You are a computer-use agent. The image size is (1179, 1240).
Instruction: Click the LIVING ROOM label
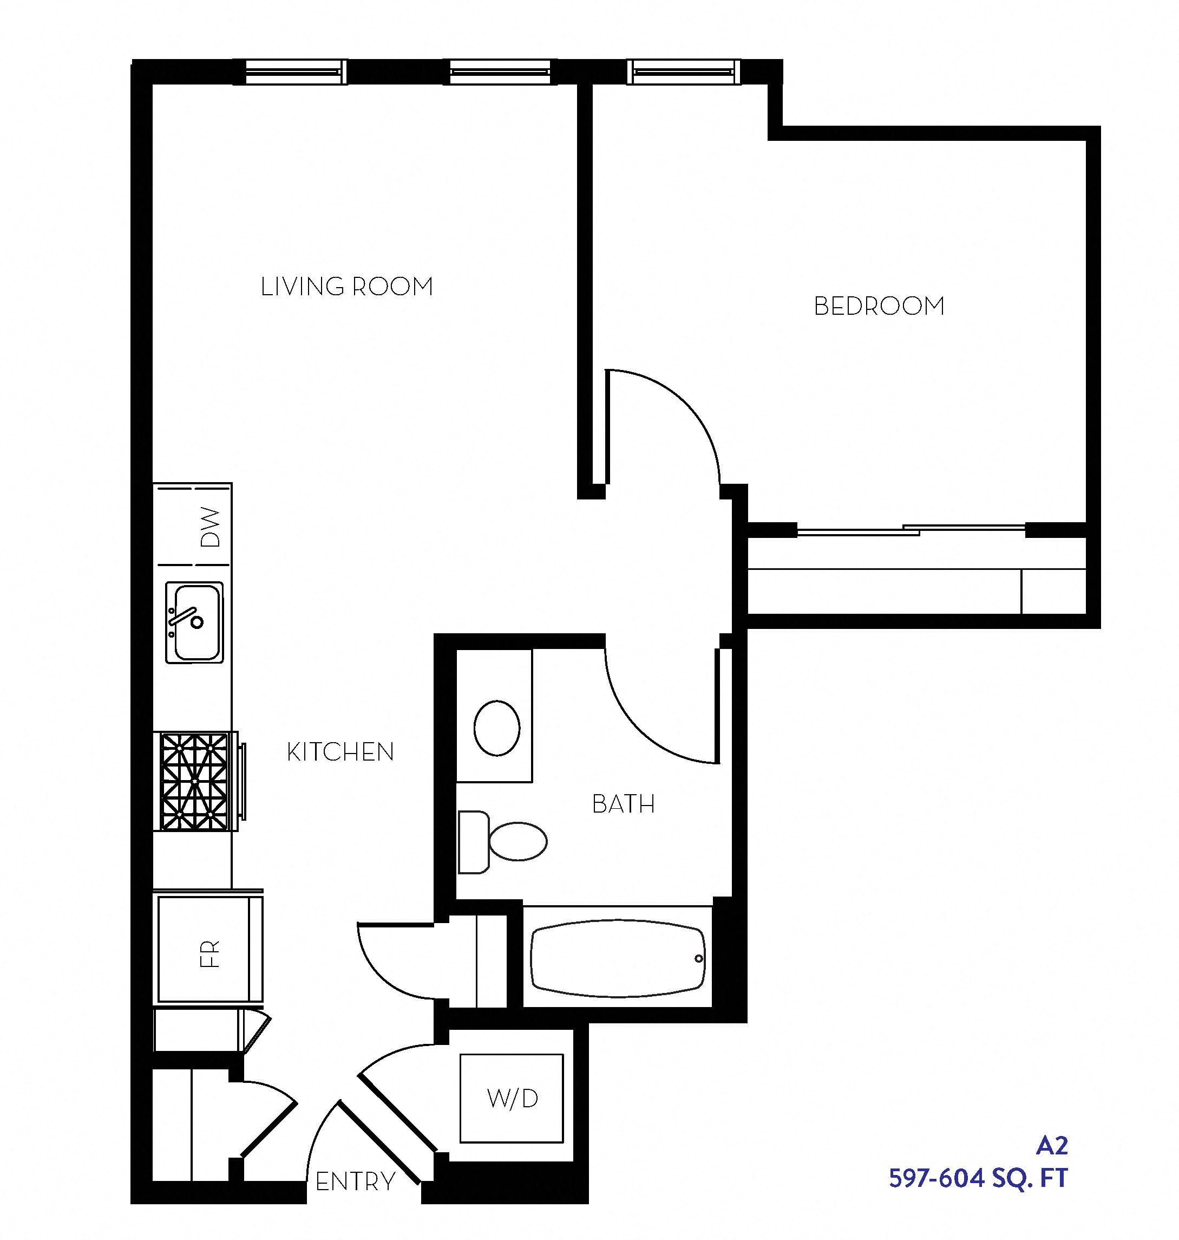click(347, 287)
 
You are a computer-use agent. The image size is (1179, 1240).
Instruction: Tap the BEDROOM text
click(879, 306)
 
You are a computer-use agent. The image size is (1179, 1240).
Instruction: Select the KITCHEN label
click(340, 752)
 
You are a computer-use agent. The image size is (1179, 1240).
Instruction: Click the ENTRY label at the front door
click(355, 1182)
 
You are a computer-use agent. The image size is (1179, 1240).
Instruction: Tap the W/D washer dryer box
click(512, 1099)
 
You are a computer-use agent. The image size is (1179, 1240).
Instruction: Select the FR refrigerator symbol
click(209, 953)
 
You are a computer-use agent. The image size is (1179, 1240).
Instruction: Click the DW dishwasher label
click(211, 527)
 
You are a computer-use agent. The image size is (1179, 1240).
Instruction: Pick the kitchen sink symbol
click(194, 622)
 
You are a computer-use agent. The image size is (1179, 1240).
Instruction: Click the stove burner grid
click(194, 782)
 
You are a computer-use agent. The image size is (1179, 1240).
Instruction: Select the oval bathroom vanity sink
click(496, 728)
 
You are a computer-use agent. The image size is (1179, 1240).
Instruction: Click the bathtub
click(617, 959)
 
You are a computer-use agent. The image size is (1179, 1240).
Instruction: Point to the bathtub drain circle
click(699, 959)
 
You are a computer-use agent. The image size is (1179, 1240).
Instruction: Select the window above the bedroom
click(683, 72)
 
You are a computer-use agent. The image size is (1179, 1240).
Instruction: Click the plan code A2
click(1051, 1146)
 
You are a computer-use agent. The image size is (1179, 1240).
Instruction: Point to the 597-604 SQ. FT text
click(978, 1178)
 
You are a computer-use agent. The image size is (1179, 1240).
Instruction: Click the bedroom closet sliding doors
click(911, 530)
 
